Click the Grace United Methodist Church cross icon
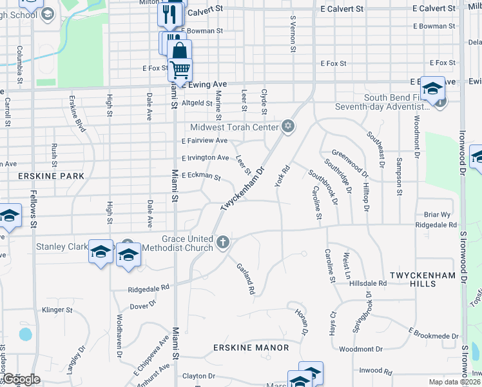[223, 243]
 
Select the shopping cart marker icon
[180, 68]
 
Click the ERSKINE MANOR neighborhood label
[251, 348]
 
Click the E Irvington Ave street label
[205, 158]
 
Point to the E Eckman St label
[201, 176]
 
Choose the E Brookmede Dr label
[434, 332]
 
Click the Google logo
[21, 379]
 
